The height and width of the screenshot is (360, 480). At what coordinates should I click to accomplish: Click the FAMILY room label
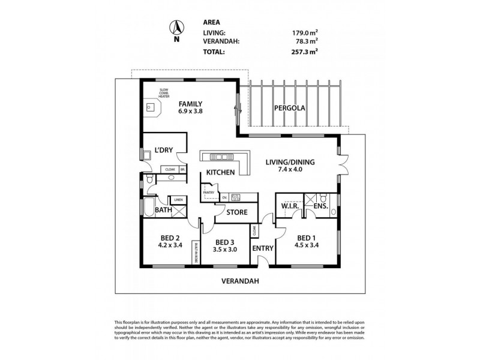[x=190, y=103]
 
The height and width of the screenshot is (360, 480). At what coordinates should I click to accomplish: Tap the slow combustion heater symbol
[x=151, y=109]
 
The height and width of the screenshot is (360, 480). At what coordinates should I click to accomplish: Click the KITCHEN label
[x=220, y=173]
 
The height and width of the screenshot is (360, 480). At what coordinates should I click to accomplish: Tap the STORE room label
[x=236, y=211]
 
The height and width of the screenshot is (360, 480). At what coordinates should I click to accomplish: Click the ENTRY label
[x=263, y=248]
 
